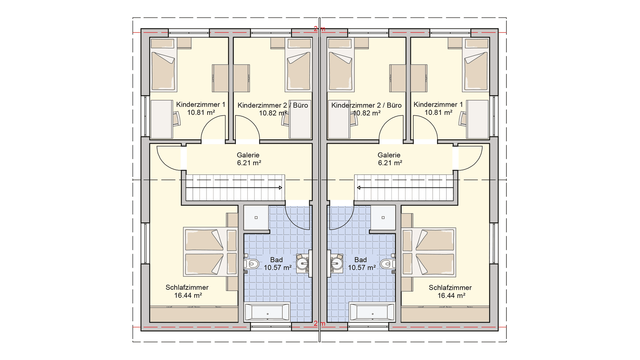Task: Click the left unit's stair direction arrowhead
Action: tap(281, 188)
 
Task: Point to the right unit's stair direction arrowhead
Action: tap(359, 188)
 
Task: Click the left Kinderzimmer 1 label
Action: tap(201, 105)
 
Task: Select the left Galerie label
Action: tap(248, 155)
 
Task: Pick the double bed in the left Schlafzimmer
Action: tap(210, 252)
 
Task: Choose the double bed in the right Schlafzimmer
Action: tap(429, 252)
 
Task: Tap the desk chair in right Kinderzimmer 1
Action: tap(463, 119)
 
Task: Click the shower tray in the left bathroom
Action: tap(256, 218)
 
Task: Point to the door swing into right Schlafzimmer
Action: tap(470, 158)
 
